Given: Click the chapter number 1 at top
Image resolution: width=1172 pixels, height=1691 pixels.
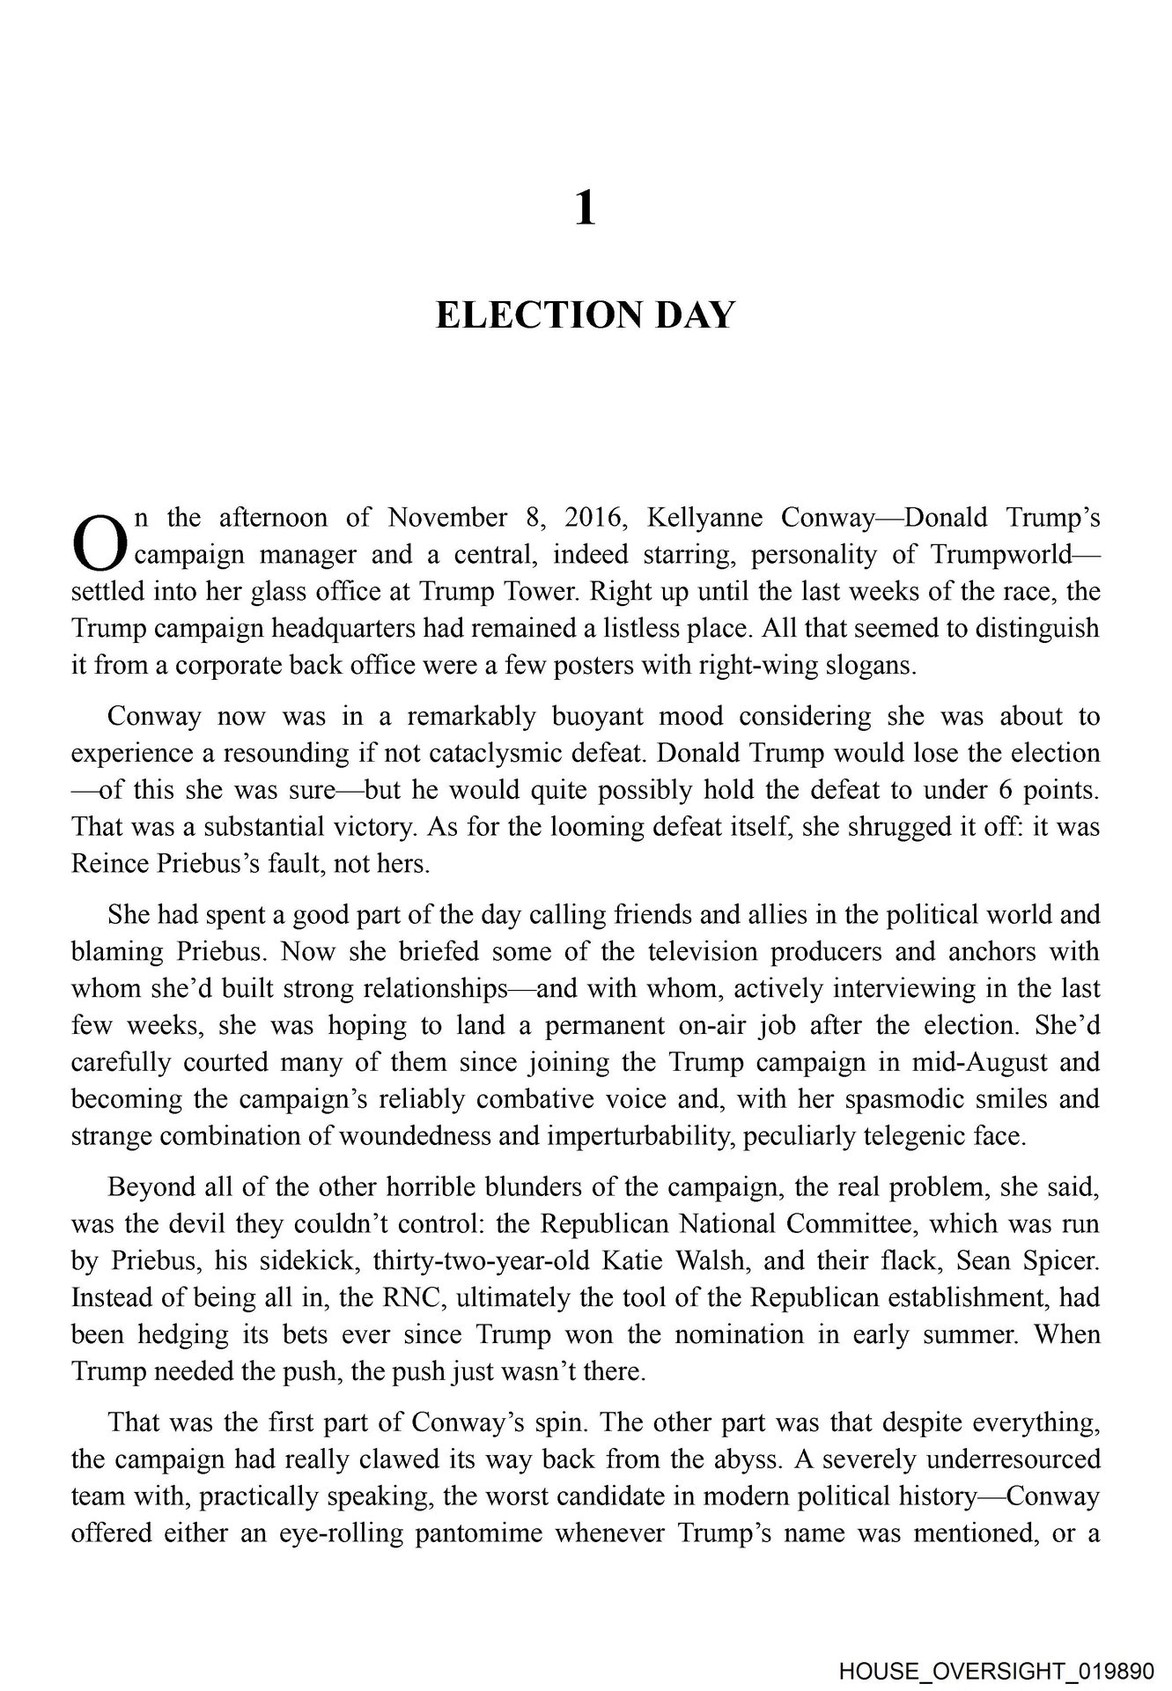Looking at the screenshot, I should click(x=586, y=210).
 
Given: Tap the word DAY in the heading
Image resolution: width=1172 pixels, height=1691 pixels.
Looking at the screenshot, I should click(x=695, y=316).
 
